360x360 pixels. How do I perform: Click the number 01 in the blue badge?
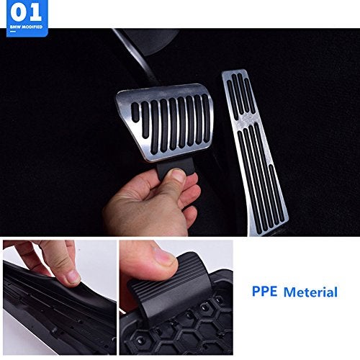[x=24, y=13]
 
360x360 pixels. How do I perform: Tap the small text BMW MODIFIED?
[x=24, y=26]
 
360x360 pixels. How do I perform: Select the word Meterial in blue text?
[x=310, y=292]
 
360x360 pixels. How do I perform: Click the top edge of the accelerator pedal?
[x=235, y=73]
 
